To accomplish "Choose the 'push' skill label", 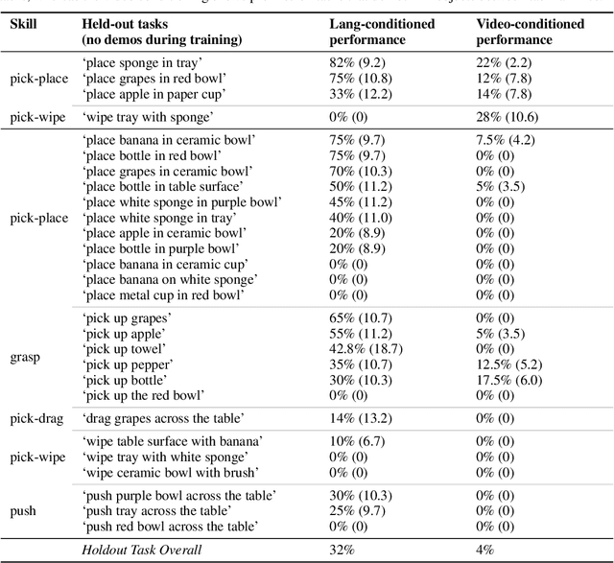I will [x=23, y=510].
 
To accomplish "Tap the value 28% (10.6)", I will [x=508, y=117].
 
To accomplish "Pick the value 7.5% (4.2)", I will [x=510, y=140].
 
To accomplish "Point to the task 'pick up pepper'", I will [x=128, y=364].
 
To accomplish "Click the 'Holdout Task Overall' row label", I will [x=143, y=550].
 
